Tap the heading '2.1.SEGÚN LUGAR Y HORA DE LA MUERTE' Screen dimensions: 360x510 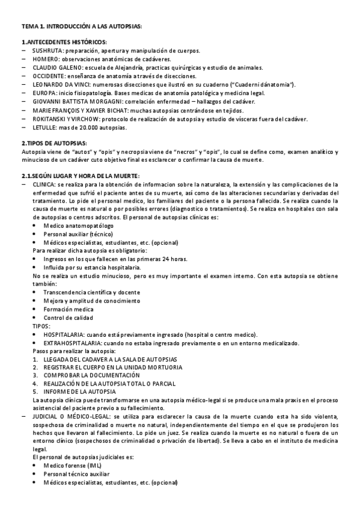click(x=80, y=175)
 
